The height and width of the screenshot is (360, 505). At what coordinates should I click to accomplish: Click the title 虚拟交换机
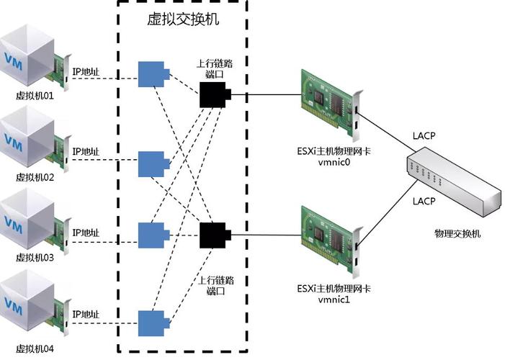[x=183, y=20]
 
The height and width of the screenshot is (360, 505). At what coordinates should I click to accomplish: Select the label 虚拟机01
[x=35, y=94]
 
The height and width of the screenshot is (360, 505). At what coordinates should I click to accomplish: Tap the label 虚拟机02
[x=35, y=176]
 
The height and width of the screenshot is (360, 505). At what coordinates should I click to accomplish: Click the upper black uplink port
[x=214, y=95]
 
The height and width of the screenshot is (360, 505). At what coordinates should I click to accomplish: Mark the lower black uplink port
[x=214, y=235]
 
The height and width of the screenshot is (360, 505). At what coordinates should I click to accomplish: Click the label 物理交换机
[x=457, y=234]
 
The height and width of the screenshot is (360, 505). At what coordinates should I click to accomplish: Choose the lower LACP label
[x=424, y=201]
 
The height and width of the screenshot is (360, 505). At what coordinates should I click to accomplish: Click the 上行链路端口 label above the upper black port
[x=214, y=69]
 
